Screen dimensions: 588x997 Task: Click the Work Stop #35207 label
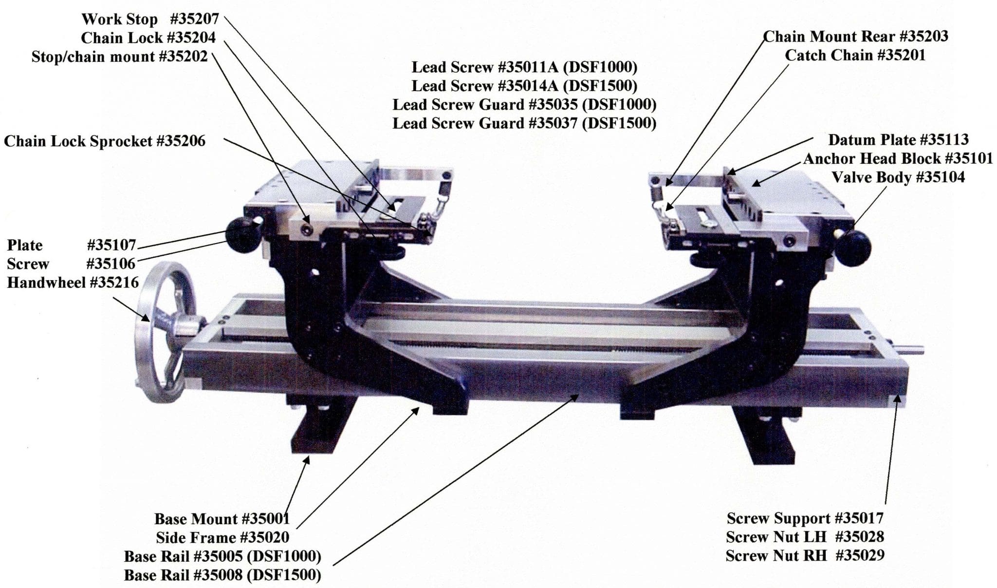click(x=150, y=19)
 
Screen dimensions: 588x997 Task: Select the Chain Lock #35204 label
click(x=148, y=38)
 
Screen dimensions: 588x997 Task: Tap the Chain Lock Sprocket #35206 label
click(x=105, y=141)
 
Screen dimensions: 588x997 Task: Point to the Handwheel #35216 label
click(x=73, y=283)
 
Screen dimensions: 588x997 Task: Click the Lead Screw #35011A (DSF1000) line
click(x=524, y=67)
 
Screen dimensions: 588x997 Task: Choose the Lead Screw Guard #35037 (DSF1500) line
click(x=524, y=123)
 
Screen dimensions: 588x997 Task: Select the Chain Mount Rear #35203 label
click(x=855, y=37)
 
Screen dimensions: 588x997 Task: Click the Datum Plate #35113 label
click(x=898, y=140)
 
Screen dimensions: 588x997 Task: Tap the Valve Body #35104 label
click(x=898, y=177)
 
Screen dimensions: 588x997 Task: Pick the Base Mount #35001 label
click(x=222, y=519)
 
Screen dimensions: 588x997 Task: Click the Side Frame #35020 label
click(x=222, y=538)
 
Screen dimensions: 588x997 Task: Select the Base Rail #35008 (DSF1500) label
click(x=222, y=575)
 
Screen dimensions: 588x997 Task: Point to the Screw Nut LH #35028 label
click(x=805, y=537)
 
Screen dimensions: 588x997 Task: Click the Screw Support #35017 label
click(x=805, y=518)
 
